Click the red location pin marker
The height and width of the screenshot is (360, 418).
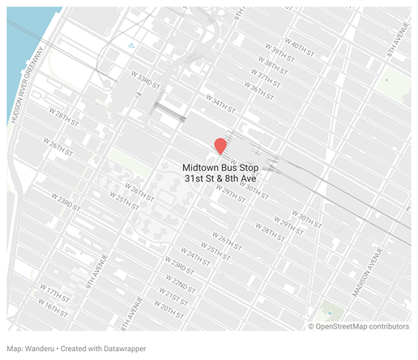click(x=220, y=146)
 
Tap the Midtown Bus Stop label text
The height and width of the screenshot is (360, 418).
click(x=220, y=167)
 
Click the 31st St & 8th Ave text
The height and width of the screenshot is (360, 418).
click(x=220, y=178)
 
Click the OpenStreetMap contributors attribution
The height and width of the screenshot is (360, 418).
click(x=363, y=327)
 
